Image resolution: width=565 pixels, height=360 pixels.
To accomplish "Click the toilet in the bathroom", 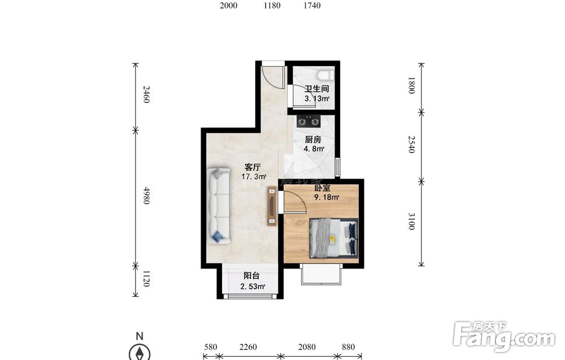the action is point(326,75).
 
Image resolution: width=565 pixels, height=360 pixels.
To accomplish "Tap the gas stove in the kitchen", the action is point(308,122).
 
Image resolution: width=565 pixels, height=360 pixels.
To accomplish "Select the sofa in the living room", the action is point(218,206).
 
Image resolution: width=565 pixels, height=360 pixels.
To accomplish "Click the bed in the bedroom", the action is point(334,238).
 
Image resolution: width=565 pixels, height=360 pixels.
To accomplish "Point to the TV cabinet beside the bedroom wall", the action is point(272,206).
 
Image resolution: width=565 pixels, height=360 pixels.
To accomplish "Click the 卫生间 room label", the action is point(316,89).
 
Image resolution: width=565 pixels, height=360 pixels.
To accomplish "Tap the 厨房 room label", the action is point(312,140).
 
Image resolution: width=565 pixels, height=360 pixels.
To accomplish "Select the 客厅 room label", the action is point(252,167).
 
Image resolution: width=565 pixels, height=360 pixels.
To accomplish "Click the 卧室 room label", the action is point(323,188).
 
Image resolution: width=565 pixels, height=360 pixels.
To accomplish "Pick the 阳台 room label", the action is point(251,276).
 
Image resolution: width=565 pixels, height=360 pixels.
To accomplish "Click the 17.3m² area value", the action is point(254,177).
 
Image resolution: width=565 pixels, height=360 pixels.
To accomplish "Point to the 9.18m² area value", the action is point(327,197).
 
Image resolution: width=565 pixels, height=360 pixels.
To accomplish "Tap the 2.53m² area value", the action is point(253,287).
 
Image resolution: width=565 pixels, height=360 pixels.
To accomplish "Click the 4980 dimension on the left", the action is point(146,196).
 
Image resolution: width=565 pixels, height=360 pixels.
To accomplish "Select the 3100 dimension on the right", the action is point(411,221).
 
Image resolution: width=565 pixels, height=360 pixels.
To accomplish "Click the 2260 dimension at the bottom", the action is point(248,347).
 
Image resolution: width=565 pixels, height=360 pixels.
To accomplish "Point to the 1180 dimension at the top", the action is point(272,6).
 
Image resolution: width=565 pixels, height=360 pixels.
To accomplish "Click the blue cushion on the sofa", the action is point(218,236).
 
